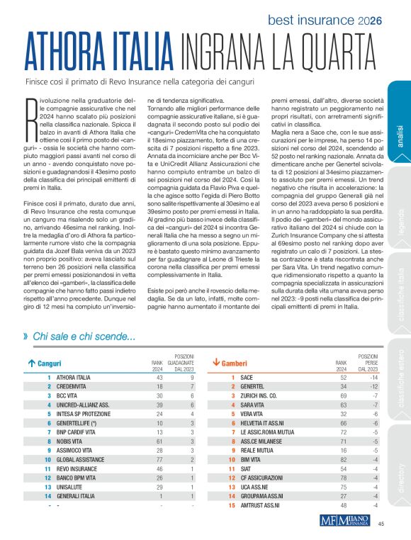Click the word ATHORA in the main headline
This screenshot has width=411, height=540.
[x=64, y=52]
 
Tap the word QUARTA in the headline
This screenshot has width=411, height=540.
[x=330, y=52]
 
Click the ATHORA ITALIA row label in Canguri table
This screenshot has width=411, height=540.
[x=75, y=378]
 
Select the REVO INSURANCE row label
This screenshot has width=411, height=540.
[x=76, y=468]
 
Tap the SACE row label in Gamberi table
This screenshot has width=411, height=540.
[x=246, y=378]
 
